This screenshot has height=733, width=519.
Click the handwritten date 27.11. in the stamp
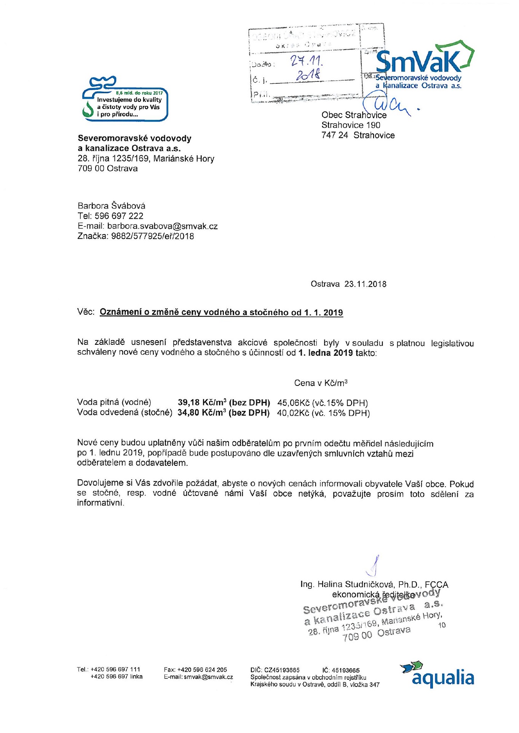[307, 61]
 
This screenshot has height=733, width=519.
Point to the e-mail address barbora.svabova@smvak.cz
[163, 226]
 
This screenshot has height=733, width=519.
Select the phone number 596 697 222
[119, 216]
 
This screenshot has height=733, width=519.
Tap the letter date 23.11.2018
[365, 284]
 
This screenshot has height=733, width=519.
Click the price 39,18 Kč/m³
[202, 402]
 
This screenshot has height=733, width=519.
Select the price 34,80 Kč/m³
[202, 413]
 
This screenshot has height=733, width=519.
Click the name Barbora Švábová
[112, 206]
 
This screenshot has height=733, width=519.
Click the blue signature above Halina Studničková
[374, 566]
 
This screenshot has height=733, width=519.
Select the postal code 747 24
[335, 135]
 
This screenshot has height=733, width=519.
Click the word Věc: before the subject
[86, 312]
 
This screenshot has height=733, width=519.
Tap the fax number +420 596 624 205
[202, 669]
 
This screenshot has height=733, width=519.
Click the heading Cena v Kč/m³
[321, 383]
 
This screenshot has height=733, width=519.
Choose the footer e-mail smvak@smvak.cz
[208, 677]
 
